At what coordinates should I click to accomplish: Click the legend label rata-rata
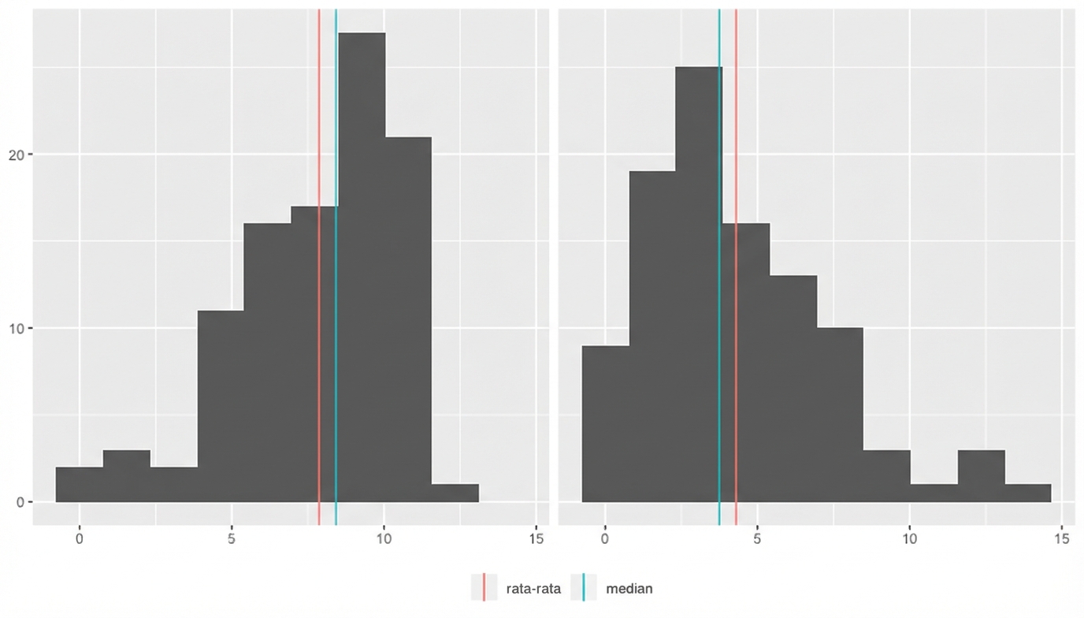(533, 588)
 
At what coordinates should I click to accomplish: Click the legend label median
(629, 588)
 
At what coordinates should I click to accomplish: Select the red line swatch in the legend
(484, 588)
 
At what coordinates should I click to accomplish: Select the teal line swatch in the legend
(584, 588)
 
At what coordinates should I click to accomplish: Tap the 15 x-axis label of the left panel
(536, 539)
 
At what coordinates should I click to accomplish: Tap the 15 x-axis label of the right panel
(1061, 539)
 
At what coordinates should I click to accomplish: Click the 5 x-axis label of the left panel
(232, 539)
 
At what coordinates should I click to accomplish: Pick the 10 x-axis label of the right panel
(909, 539)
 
